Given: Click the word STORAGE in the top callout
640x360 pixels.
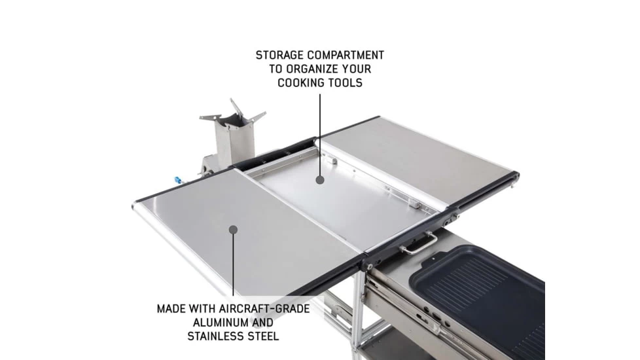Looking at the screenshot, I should (x=279, y=56).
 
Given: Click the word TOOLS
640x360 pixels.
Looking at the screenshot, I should (x=346, y=83).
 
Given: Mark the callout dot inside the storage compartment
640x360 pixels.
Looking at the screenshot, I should (x=320, y=179).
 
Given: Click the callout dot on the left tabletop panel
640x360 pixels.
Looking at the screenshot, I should (x=233, y=228).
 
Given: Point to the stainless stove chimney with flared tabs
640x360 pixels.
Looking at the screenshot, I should (x=234, y=134).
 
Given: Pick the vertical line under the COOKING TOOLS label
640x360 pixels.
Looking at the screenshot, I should (x=320, y=134).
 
